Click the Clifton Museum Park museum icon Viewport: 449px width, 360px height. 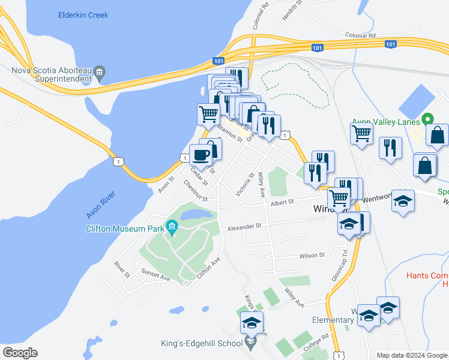(x=172, y=227)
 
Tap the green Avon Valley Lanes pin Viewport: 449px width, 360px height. (x=427, y=119)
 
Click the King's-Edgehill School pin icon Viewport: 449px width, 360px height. (x=252, y=344)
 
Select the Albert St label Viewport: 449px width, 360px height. (x=282, y=203)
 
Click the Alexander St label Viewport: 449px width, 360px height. (x=244, y=227)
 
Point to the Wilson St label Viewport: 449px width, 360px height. (x=312, y=255)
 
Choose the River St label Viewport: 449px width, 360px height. (x=122, y=269)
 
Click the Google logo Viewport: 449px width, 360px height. (x=20, y=353)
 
